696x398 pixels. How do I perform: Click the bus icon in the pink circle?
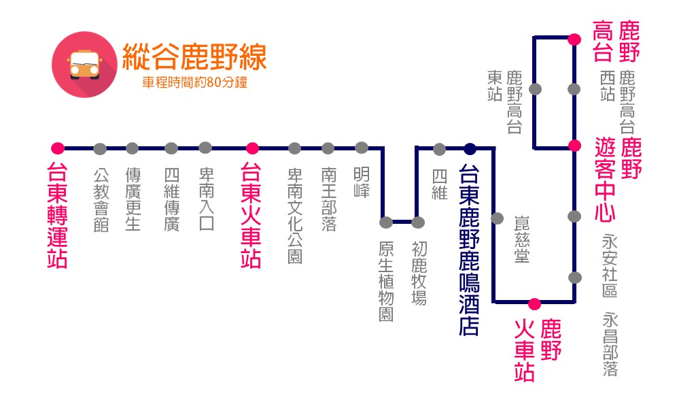pos(82,62)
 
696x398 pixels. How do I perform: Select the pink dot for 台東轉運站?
pos(58,148)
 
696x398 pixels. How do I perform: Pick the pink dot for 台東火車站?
pos(252,148)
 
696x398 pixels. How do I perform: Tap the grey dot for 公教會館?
pos(100,148)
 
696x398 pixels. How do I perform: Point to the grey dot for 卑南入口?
pos(206,148)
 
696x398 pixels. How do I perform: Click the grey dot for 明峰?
pos(362,148)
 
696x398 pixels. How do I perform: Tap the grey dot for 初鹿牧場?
pos(418,222)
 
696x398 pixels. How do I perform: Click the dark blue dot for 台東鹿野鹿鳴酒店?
pos(470,148)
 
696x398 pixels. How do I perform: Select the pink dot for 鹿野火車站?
pos(534,303)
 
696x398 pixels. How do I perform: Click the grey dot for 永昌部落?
pos(575,278)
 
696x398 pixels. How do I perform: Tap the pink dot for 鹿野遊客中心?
pos(575,145)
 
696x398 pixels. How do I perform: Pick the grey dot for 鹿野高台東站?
pos(536,88)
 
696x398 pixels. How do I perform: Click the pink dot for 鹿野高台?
pos(575,39)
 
